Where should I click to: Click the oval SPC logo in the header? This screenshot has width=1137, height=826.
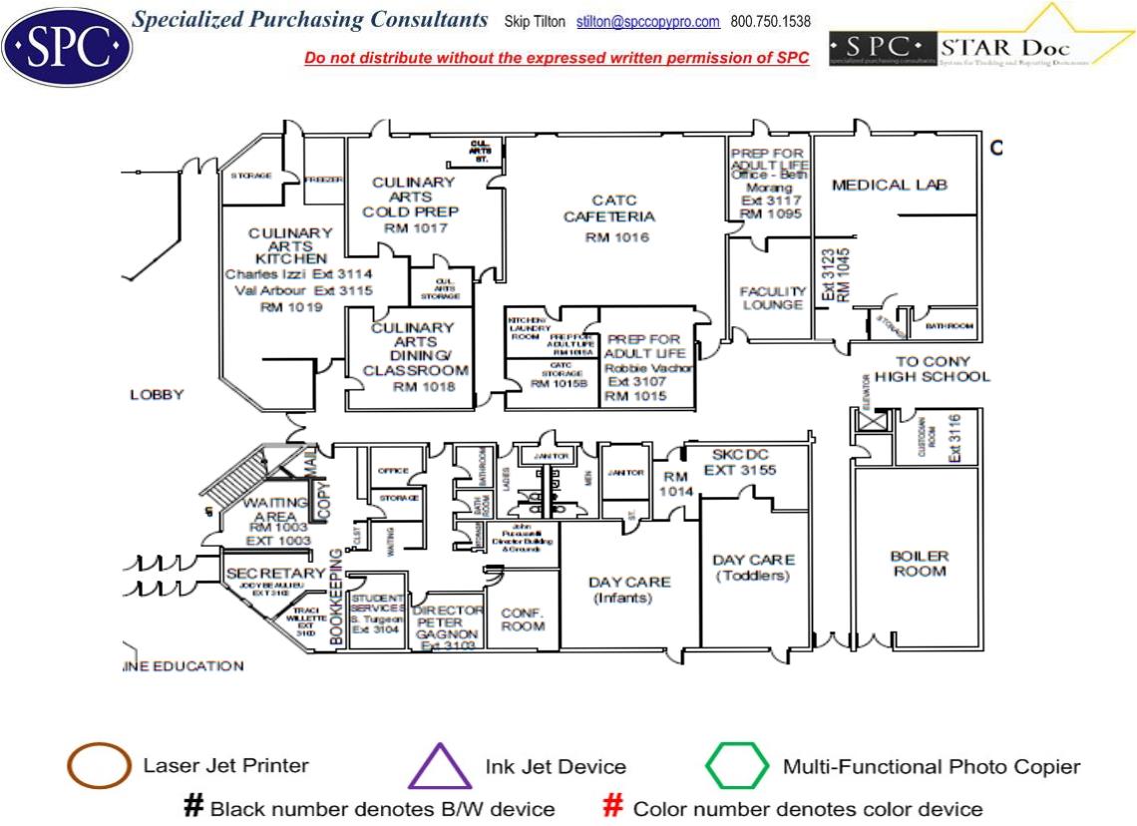click(x=67, y=45)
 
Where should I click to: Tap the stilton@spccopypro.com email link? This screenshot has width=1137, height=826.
click(x=648, y=22)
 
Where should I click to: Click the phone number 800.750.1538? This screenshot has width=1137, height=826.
click(x=770, y=22)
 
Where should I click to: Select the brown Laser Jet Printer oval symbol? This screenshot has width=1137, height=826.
click(x=99, y=767)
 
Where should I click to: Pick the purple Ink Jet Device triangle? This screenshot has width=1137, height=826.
click(x=440, y=768)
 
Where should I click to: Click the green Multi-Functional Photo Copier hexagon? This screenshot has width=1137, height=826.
click(x=737, y=767)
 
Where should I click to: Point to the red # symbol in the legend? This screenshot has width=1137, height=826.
click(x=614, y=807)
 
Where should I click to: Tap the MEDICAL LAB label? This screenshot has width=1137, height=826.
click(x=889, y=185)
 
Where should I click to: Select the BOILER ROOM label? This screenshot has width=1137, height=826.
click(x=919, y=564)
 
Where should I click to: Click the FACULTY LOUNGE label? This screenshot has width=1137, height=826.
click(x=772, y=298)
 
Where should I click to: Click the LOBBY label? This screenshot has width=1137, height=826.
click(x=157, y=395)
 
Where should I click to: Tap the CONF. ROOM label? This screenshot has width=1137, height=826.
click(x=523, y=619)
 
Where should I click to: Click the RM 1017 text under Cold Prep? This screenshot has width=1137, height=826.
click(x=416, y=228)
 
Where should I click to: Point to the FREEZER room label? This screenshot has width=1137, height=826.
click(x=324, y=181)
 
